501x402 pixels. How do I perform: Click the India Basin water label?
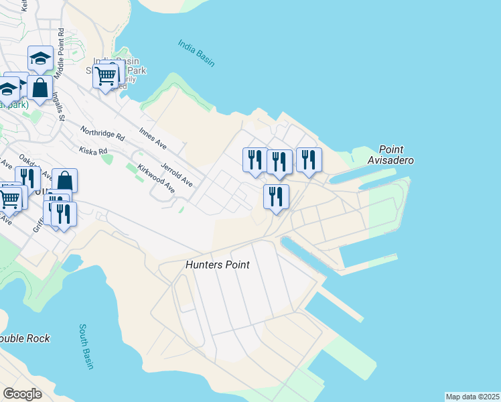pos(196,53)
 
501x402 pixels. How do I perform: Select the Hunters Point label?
pos(217,265)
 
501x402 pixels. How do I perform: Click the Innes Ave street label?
pos(153,137)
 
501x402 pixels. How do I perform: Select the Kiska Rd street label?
pos(93,151)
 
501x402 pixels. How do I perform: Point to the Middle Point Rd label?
pos(60,50)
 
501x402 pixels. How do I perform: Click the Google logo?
pos(22,394)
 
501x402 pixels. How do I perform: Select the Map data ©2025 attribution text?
pos(473,397)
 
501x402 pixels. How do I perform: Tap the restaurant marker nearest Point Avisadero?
pos(309,159)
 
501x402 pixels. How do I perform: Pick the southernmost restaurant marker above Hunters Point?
pos(276,196)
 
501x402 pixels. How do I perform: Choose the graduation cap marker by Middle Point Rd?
pos(40,58)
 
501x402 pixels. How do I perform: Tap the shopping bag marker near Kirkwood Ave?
pos(64,180)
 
